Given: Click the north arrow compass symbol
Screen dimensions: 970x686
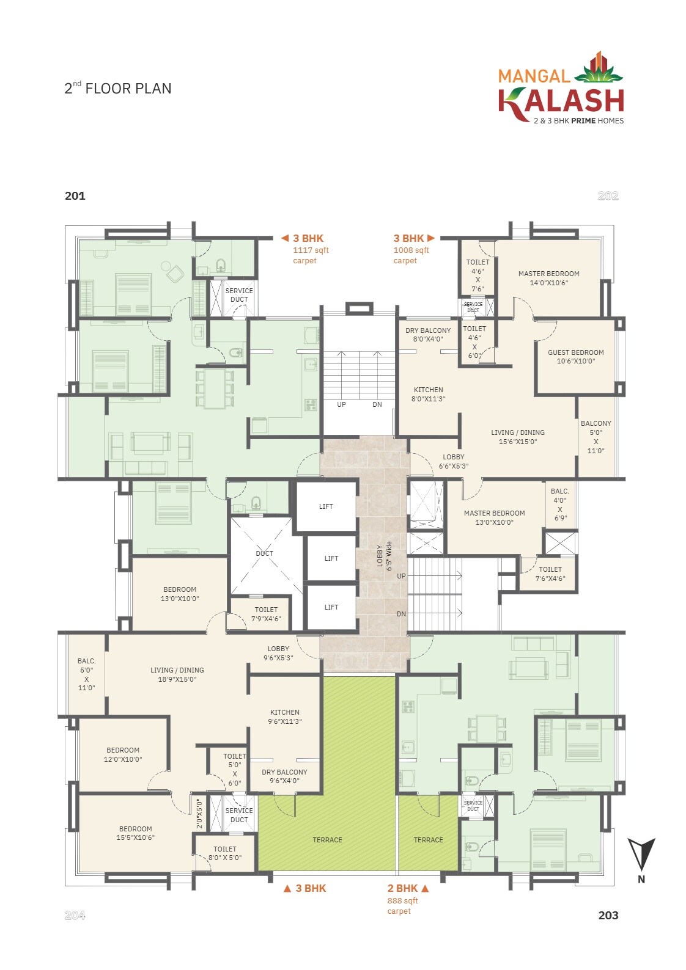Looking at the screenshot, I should (641, 855).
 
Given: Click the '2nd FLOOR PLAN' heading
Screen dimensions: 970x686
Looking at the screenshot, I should (118, 89).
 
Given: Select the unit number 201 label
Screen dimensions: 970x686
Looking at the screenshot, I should (75, 196).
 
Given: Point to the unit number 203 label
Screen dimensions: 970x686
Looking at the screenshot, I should (608, 915).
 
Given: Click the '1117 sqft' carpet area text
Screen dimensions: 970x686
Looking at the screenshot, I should (311, 250).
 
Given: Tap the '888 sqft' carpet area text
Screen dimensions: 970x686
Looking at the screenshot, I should (402, 900).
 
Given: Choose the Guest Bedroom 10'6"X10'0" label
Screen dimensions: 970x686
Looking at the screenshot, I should (575, 357).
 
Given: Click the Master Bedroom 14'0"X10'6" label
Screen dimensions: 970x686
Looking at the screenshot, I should (548, 278).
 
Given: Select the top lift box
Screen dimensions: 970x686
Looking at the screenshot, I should (326, 506).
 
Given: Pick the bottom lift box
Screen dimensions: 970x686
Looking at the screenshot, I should (331, 607).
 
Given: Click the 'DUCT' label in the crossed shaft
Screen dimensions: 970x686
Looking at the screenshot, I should (264, 553).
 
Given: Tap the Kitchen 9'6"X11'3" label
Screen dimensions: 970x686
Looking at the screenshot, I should (284, 717).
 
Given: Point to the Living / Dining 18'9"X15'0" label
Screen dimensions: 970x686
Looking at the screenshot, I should (177, 674).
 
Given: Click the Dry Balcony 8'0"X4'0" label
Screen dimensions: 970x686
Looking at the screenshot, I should (428, 335).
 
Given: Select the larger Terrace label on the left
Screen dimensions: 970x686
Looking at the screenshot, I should (327, 840).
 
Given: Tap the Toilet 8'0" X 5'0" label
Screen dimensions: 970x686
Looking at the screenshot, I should (225, 853).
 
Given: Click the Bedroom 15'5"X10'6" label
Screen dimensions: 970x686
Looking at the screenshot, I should (135, 833).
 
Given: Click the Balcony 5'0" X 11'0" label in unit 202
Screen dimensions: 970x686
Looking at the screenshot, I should (596, 437).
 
